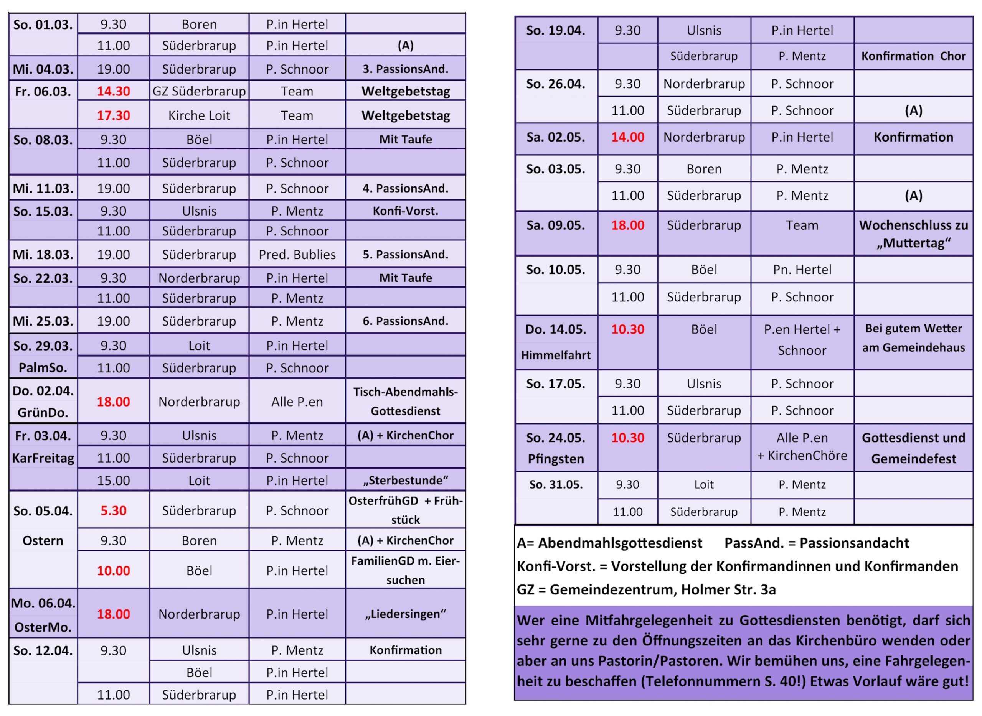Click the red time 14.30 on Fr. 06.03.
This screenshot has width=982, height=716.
113,91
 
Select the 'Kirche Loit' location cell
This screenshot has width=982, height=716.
199,115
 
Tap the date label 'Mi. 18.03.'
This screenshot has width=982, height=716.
43,254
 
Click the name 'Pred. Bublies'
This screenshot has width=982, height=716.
297,254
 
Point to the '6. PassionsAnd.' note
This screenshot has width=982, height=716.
406,321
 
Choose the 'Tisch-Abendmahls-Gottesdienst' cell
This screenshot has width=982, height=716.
406,402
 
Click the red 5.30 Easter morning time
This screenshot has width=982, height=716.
113,510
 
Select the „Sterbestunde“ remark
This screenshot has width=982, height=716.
406,480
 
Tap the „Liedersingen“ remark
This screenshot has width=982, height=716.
406,614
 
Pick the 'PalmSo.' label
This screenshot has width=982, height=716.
43,367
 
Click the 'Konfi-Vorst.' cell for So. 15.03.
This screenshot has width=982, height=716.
406,211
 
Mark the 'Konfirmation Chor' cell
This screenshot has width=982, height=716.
913,56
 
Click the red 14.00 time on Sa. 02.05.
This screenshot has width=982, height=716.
628,137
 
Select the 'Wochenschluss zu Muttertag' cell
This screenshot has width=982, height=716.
913,234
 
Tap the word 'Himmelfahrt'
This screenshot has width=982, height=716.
556,356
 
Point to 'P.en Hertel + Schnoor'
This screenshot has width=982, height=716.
802,340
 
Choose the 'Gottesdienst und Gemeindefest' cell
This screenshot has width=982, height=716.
913,448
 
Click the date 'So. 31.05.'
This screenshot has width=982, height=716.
556,485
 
